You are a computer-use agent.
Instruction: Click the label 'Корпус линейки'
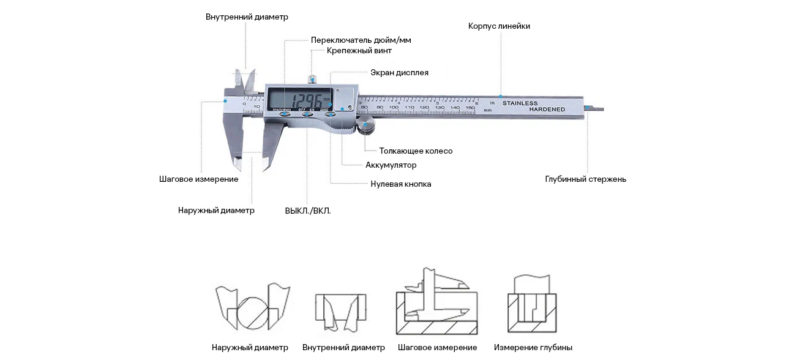click(x=499, y=26)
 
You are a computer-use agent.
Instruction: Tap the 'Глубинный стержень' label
click(x=585, y=179)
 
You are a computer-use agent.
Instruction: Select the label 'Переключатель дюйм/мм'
click(x=361, y=40)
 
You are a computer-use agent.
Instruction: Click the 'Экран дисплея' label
click(x=399, y=73)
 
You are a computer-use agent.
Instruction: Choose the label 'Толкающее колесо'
click(x=416, y=151)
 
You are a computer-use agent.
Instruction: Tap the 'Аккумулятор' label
click(x=391, y=165)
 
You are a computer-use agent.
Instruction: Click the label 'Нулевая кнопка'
click(x=400, y=184)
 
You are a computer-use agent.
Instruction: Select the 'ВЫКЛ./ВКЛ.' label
click(x=307, y=211)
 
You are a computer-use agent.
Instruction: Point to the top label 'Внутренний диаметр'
click(x=247, y=17)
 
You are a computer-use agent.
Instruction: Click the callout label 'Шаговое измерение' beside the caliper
click(x=198, y=179)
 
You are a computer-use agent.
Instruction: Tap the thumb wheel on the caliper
click(x=367, y=127)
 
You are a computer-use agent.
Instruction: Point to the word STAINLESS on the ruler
click(x=520, y=103)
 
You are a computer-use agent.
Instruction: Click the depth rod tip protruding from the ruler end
click(x=595, y=109)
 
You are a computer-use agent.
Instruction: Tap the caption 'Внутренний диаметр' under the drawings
click(x=343, y=348)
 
